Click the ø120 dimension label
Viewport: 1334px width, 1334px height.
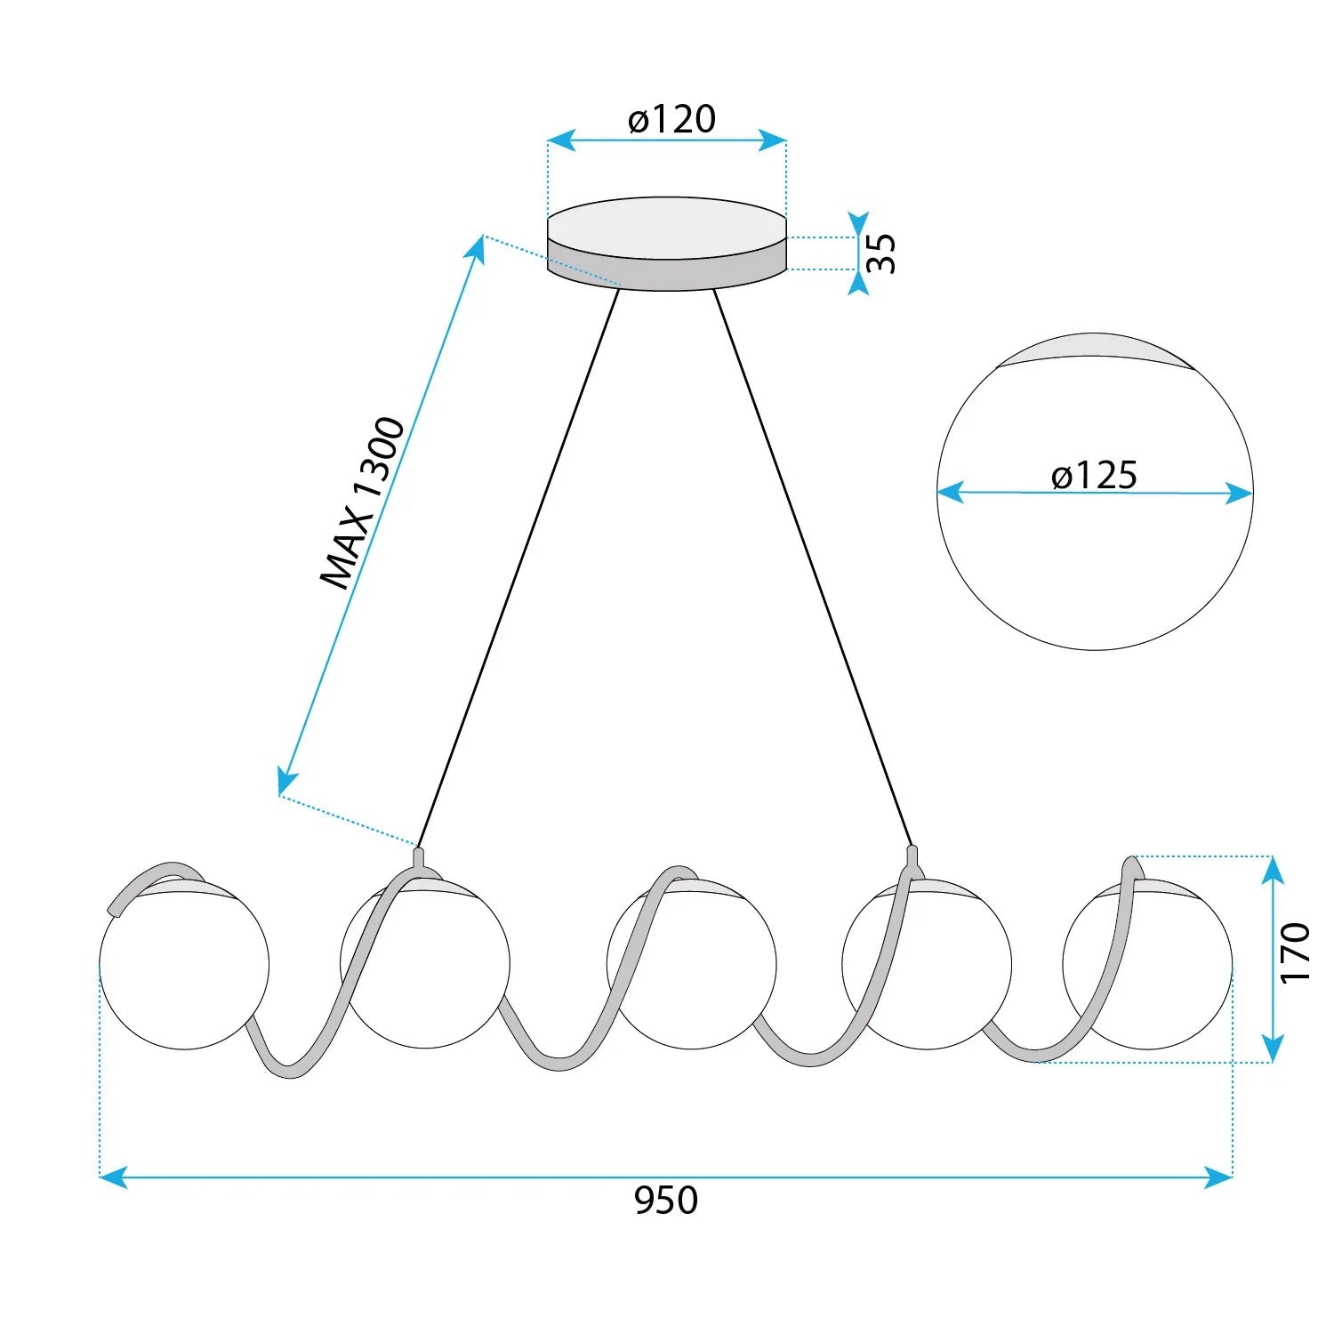[671, 119]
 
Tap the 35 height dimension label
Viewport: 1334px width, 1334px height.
[881, 253]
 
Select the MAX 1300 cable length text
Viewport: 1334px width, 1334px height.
[363, 502]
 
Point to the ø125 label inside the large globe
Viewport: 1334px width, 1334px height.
[1094, 476]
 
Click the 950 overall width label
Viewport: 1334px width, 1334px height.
[666, 1201]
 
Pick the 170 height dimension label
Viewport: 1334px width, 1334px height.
[1296, 952]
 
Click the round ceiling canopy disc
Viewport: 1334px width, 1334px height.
[667, 244]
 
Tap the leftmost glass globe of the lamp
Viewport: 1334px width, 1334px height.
[184, 965]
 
